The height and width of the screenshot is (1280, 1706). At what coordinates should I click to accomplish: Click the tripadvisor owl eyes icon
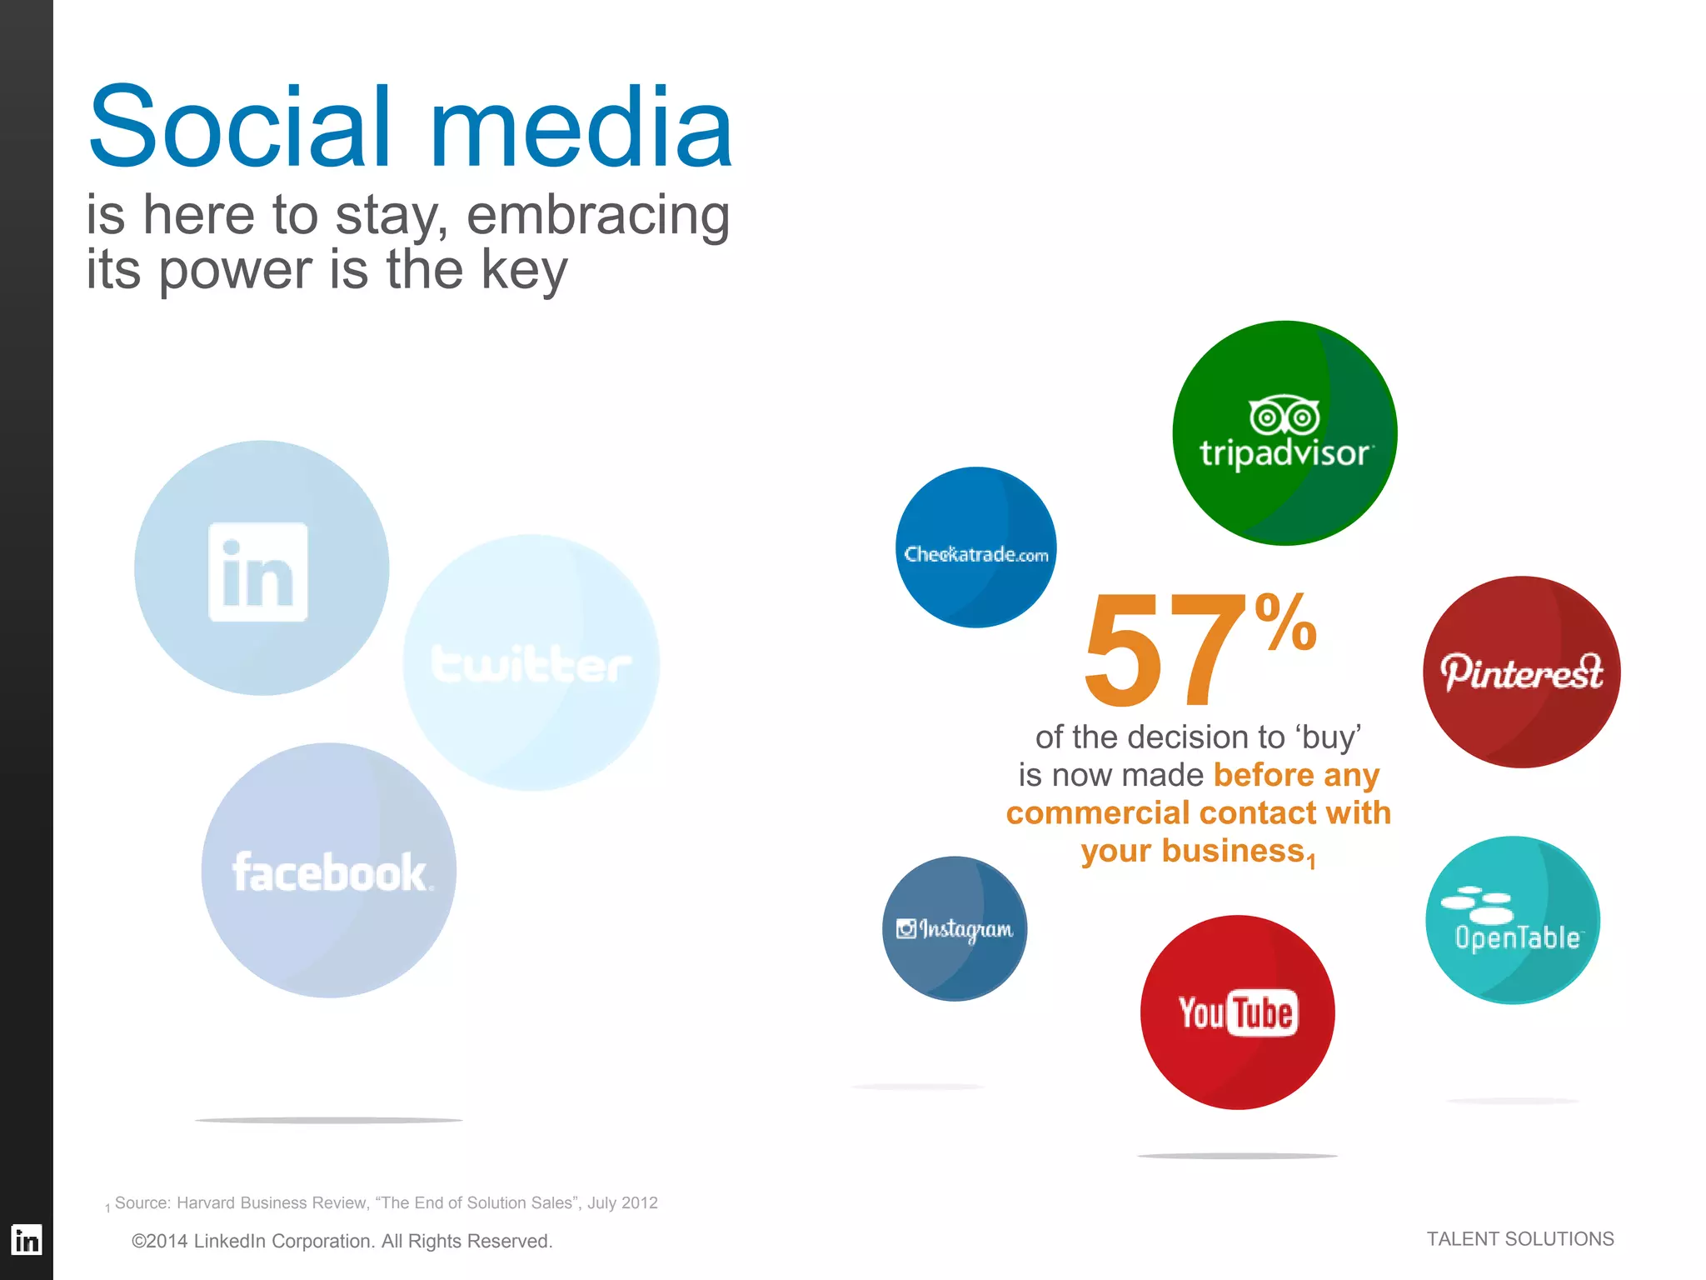pyautogui.click(x=1284, y=416)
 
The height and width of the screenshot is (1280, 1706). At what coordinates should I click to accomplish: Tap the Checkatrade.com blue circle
pyautogui.click(x=975, y=547)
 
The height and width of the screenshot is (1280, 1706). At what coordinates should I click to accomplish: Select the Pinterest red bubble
pyautogui.click(x=1521, y=672)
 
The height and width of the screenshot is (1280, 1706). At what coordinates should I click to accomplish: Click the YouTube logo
pyautogui.click(x=1237, y=1013)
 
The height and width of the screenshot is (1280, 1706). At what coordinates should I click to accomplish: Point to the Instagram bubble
pyautogui.click(x=955, y=928)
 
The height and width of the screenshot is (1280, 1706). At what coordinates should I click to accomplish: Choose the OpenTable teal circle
pyautogui.click(x=1513, y=920)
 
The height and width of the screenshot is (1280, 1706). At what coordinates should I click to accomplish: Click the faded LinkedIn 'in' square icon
pyautogui.click(x=258, y=572)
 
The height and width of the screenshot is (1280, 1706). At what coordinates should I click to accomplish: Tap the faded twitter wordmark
pyautogui.click(x=531, y=664)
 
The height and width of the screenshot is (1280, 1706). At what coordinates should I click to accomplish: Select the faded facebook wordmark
pyautogui.click(x=330, y=872)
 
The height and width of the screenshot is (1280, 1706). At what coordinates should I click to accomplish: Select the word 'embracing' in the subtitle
pyautogui.click(x=597, y=215)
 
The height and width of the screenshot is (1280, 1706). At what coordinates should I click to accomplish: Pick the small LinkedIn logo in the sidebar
pyautogui.click(x=27, y=1240)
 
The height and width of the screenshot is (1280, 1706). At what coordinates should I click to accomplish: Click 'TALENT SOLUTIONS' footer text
pyautogui.click(x=1519, y=1239)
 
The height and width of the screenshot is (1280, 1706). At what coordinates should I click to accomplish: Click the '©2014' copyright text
pyautogui.click(x=160, y=1241)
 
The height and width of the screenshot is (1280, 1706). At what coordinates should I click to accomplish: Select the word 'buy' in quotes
pyautogui.click(x=1328, y=738)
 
